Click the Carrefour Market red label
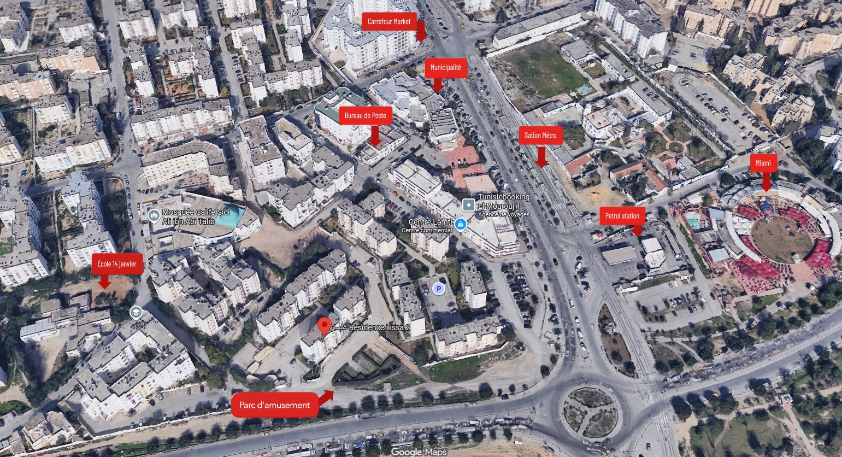coord(389,22)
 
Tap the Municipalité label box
coord(445,68)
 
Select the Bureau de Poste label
coord(365,116)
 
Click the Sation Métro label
coord(540,136)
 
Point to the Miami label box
coord(763,163)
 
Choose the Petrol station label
coord(622,216)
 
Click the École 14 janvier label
coord(117,264)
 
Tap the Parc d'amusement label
coord(274,405)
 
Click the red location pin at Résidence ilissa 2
coord(324,326)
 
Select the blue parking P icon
coord(438,289)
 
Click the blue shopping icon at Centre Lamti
coord(461,224)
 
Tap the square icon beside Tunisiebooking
coord(469,205)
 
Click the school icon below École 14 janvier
coord(136,312)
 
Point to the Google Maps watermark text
coord(419,452)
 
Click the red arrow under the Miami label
coord(766,181)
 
